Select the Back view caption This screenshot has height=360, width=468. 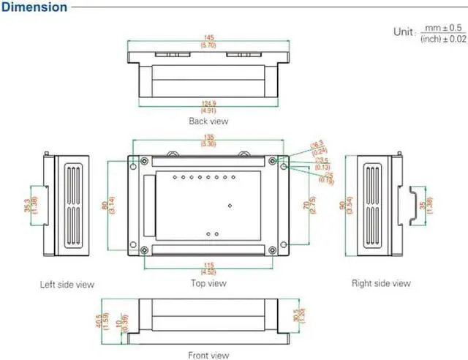click(x=208, y=121)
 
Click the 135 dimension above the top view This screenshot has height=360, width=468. click(x=208, y=136)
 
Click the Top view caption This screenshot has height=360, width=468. click(x=208, y=283)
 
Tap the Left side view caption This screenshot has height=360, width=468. click(x=67, y=284)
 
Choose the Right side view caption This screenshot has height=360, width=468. click(x=381, y=283)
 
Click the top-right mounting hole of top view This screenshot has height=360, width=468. click(x=273, y=161)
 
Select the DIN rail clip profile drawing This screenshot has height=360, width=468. click(x=415, y=201)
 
